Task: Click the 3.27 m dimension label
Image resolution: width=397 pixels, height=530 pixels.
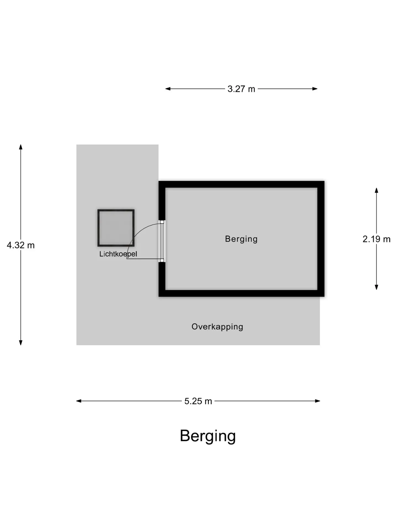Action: coord(241,89)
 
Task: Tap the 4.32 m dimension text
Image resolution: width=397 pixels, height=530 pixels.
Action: coord(21,245)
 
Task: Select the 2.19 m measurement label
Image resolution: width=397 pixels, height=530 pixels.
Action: coord(377,239)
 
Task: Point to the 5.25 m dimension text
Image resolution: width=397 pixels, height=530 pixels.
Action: coord(198,401)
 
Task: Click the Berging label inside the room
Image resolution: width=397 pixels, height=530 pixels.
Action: coord(241,239)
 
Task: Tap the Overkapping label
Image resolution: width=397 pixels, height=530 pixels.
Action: coord(217,327)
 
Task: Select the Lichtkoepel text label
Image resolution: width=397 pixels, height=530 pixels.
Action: coord(118,254)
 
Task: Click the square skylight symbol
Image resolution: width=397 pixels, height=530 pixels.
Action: coord(116,228)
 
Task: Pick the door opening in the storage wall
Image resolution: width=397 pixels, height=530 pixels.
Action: coord(162,241)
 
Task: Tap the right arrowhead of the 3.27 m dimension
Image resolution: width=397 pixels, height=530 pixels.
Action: coord(315,89)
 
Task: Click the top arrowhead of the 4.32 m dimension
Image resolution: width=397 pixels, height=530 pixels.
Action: coord(21,147)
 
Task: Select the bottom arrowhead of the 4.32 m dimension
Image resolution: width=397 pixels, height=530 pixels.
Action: coord(21,343)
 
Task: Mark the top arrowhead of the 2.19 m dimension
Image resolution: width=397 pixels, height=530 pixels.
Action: coord(377,190)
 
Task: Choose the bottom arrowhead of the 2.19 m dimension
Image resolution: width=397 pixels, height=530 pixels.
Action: coord(377,287)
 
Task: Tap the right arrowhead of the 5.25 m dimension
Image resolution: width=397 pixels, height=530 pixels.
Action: coord(317,401)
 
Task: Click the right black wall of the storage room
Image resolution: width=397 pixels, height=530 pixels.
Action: coord(321,239)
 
